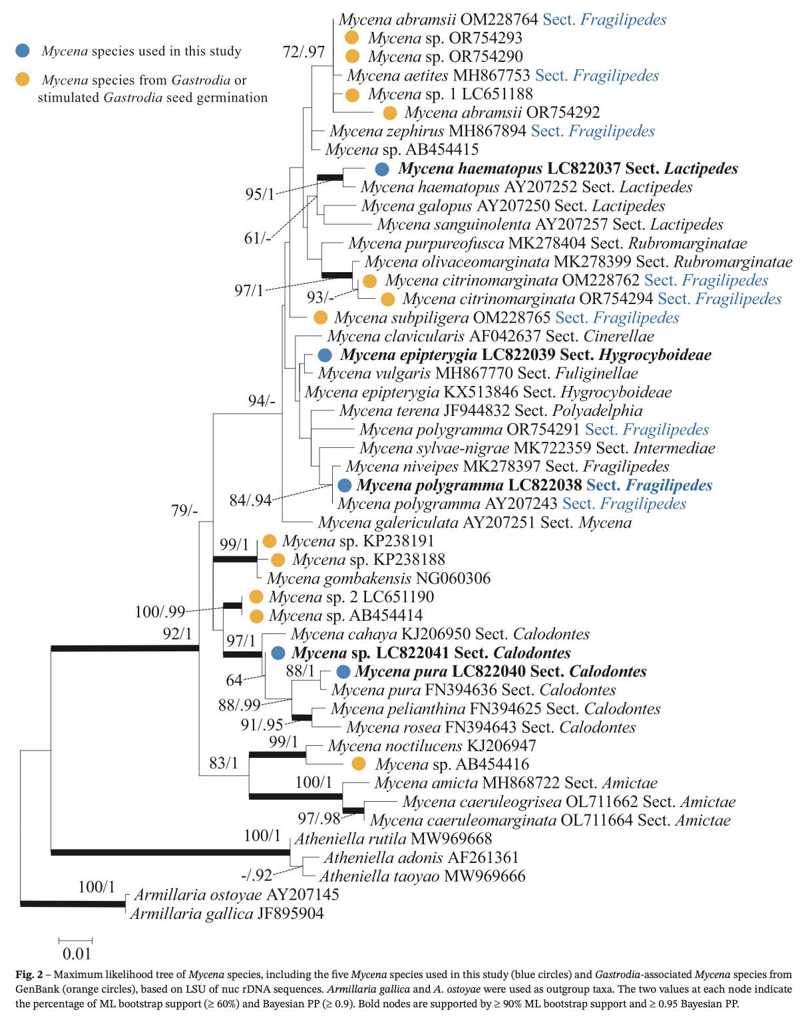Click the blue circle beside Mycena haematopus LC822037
tap(382, 169)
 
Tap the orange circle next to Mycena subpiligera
tap(320, 318)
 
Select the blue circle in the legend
tap(23, 51)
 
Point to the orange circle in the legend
tap(23, 80)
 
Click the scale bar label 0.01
tap(77, 953)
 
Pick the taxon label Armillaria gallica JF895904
tap(227, 914)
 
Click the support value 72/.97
tap(303, 52)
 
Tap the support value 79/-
tap(184, 510)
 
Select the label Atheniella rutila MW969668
tap(393, 839)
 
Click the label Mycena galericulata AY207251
tap(475, 523)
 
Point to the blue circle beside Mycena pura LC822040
tap(343, 672)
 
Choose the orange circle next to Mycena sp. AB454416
tap(359, 764)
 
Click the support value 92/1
tap(177, 633)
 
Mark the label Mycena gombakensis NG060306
tap(379, 579)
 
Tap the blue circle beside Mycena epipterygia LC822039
tap(325, 355)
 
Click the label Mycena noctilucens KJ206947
tap(432, 746)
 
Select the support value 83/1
tap(224, 763)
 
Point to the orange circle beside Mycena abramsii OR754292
tap(390, 113)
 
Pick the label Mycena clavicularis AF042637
tap(491, 337)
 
